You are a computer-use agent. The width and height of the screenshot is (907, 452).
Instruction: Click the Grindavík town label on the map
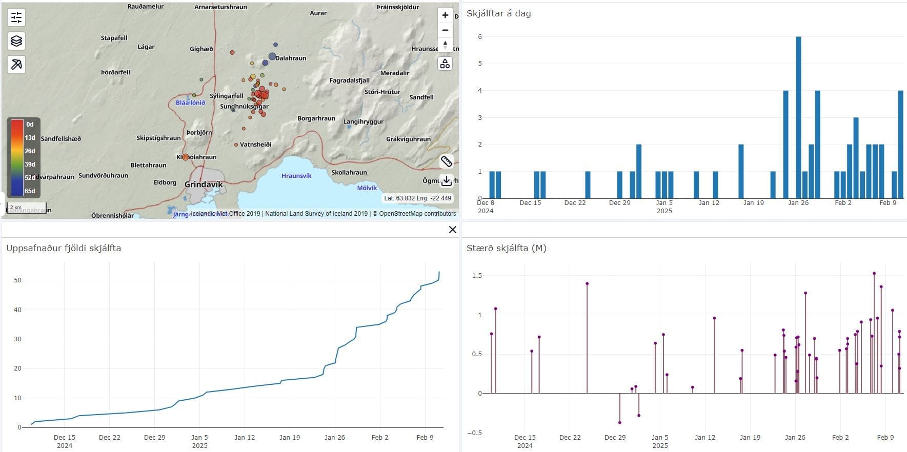[x=204, y=184]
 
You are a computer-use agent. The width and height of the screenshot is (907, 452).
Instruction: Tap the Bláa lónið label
[x=190, y=102]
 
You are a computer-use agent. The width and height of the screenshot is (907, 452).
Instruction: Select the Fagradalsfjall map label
[x=349, y=80]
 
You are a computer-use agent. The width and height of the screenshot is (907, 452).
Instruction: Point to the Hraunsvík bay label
[x=296, y=176]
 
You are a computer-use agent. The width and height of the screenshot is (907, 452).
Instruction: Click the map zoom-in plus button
[x=445, y=15]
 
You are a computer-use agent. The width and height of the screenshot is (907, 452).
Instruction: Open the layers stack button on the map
[x=16, y=41]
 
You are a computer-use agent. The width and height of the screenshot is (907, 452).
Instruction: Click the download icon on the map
[x=447, y=180]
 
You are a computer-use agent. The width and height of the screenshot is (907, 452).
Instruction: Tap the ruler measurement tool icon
[x=447, y=161]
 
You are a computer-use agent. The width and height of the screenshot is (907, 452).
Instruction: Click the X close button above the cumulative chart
[x=452, y=230]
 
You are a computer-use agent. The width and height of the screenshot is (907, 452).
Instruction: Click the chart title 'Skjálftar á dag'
[x=498, y=14]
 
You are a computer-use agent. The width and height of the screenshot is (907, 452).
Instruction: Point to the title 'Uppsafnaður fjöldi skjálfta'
[x=64, y=248]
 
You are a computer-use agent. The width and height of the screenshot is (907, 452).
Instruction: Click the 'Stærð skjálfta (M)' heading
[x=506, y=248]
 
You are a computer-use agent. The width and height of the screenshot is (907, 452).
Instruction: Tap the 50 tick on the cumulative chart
[x=18, y=280]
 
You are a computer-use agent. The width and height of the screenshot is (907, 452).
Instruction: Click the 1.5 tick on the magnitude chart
[x=477, y=276]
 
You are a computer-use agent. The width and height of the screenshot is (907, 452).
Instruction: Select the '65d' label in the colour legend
[x=30, y=191]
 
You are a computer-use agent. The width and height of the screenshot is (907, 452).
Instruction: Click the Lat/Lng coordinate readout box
[x=417, y=198]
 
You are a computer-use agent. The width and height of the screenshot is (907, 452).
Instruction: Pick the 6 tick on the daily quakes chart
[x=480, y=37]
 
